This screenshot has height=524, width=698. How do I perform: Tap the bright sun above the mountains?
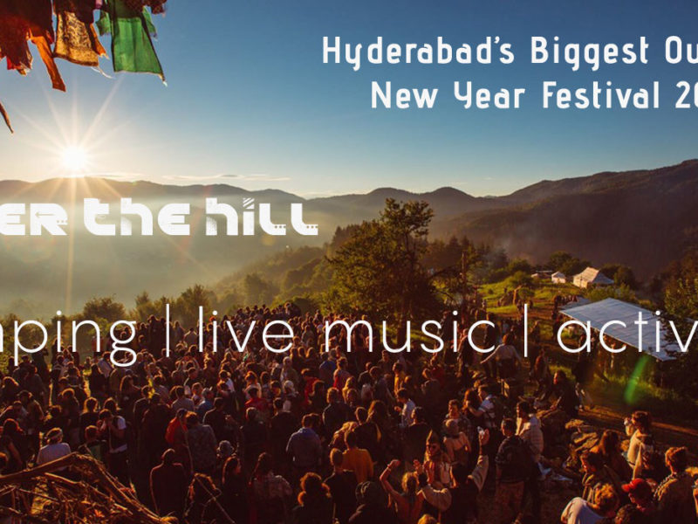point(74,158)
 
